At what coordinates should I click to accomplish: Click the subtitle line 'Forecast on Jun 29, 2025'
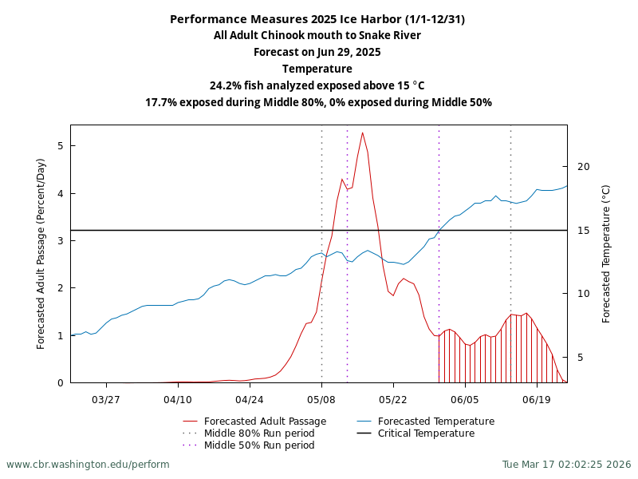coord(317,53)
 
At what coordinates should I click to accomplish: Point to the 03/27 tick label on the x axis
coord(106,399)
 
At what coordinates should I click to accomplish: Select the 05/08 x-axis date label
coord(321,399)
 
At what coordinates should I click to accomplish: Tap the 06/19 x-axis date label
coord(537,399)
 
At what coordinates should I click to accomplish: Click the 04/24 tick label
coord(250,399)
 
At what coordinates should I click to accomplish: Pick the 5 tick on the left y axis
coord(61,146)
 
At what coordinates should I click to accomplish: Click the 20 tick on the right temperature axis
coord(583,167)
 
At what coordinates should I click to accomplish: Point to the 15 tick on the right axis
coord(583,231)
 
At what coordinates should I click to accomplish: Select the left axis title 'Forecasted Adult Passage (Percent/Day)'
coord(41,254)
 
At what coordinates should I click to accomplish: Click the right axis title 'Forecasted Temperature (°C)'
coord(606,254)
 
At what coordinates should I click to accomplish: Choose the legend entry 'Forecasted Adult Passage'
coord(265,422)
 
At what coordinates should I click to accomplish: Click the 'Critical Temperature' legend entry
coord(426,433)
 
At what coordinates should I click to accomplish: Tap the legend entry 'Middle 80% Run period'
coord(259,433)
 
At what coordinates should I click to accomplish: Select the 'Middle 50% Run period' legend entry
coord(259,445)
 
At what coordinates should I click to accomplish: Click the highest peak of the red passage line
coord(362,133)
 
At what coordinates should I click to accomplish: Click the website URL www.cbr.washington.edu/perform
coord(88,465)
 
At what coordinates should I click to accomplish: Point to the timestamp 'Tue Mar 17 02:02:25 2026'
coord(566,465)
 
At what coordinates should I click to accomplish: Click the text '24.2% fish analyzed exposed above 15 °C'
coord(317,86)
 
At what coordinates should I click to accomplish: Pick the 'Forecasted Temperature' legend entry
coord(435,422)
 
